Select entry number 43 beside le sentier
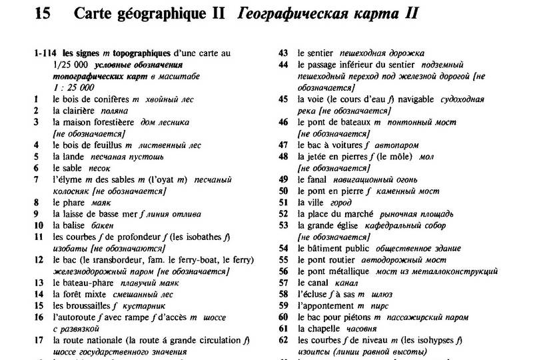(282, 53)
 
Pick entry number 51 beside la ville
(282, 202)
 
